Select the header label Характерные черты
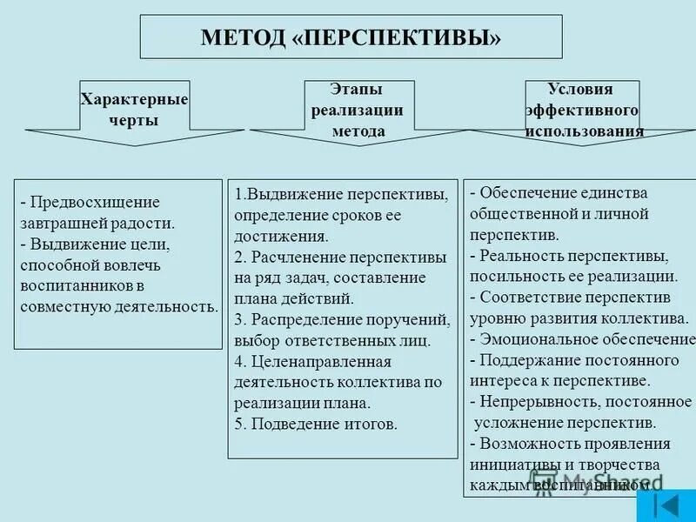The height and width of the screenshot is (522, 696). coord(134,110)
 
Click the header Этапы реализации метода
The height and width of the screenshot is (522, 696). coord(358,110)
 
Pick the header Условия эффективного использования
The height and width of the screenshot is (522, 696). coord(582,110)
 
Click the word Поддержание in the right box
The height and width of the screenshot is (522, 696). coord(527,360)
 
